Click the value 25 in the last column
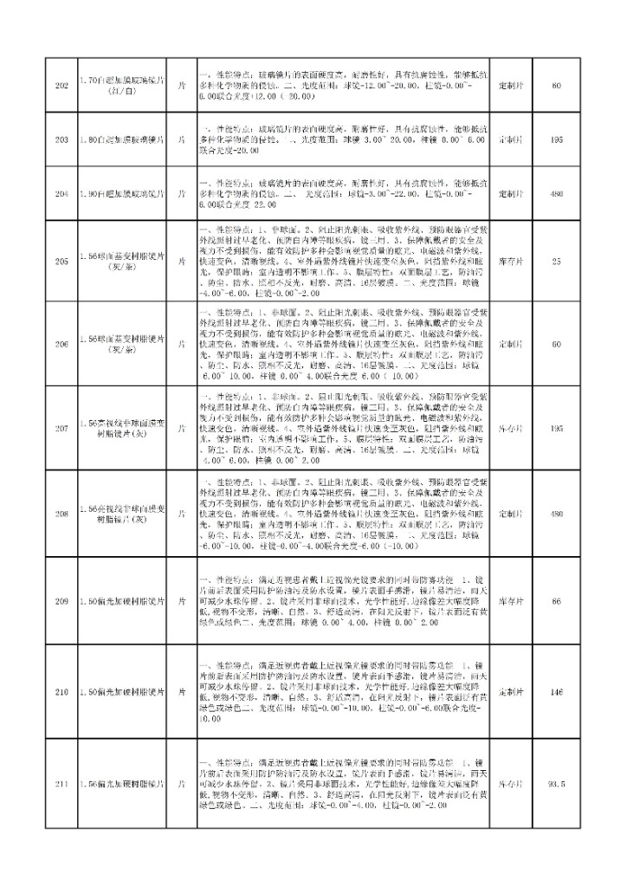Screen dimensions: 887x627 point(556,260)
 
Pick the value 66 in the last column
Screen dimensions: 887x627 point(556,600)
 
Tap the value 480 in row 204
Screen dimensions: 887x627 point(556,194)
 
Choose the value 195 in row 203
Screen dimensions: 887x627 point(556,139)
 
